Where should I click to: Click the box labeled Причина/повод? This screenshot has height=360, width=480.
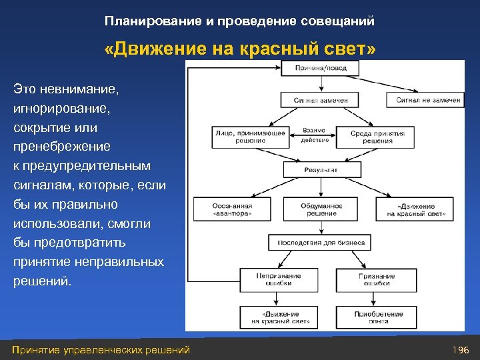321,68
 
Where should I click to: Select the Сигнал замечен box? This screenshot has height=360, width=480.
321,100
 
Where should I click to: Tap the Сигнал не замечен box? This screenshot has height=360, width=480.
424,100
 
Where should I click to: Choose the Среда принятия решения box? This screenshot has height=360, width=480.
377,137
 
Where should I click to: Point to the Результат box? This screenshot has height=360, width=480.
321,170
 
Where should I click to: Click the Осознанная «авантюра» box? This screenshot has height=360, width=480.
232,209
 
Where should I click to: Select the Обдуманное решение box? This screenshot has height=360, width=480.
321,209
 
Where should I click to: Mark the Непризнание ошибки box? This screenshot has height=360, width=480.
279,279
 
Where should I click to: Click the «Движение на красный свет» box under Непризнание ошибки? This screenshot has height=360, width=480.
279,317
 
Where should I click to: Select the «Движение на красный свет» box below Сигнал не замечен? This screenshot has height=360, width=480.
416,209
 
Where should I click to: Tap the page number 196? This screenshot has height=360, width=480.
461,350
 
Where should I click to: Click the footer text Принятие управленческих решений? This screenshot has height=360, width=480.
101,350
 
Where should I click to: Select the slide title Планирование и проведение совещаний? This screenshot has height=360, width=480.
239,21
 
